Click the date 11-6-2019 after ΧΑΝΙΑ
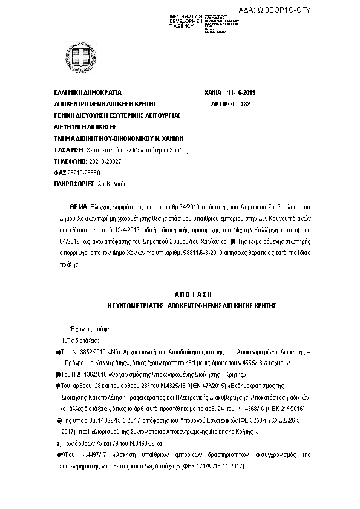tap(242, 92)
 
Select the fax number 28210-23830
tap(82, 172)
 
